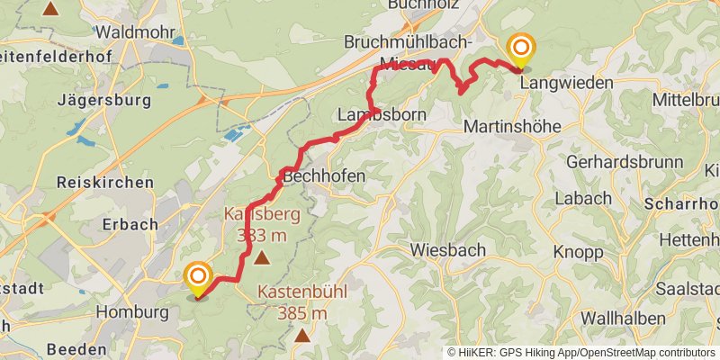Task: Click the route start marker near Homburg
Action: tap(197, 275)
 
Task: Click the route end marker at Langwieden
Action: tap(520, 48)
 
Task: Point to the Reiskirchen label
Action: tap(105, 182)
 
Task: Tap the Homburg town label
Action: tap(131, 312)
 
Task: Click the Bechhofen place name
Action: tap(324, 176)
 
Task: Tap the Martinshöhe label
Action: tap(510, 128)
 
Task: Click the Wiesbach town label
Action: tap(447, 249)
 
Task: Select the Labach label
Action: tap(582, 198)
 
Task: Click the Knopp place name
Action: tap(578, 252)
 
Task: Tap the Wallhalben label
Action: tap(622, 318)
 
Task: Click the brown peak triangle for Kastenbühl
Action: tap(302, 336)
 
